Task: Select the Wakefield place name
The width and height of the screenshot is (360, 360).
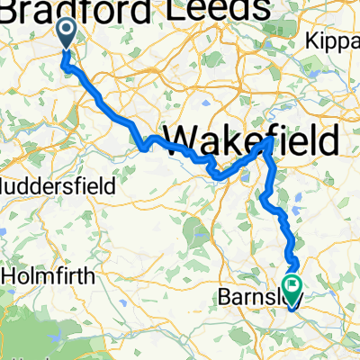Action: tap(253, 140)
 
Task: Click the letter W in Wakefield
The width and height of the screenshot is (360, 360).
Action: tap(183, 140)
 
